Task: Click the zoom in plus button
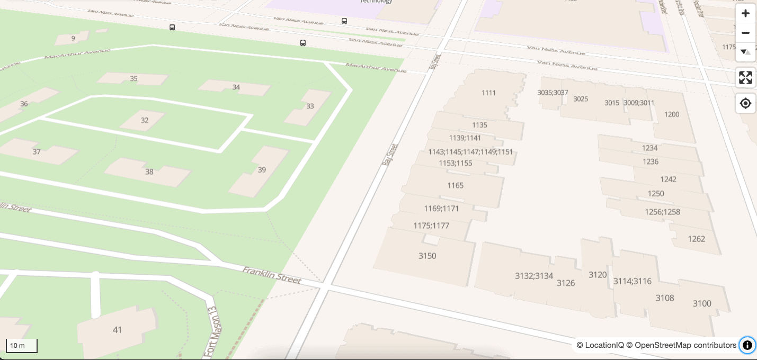745,14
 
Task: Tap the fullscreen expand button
745,78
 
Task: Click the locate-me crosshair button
745,103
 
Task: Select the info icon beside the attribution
747,345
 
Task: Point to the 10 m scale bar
21,346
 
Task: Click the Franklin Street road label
272,275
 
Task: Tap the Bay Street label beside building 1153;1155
390,155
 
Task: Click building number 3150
427,256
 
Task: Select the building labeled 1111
488,93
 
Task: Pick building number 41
117,330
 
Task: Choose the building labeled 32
145,120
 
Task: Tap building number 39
262,170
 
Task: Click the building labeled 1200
671,114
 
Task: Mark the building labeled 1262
696,239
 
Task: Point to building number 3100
702,303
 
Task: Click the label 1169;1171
441,209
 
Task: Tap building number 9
73,38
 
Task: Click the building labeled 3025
581,99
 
